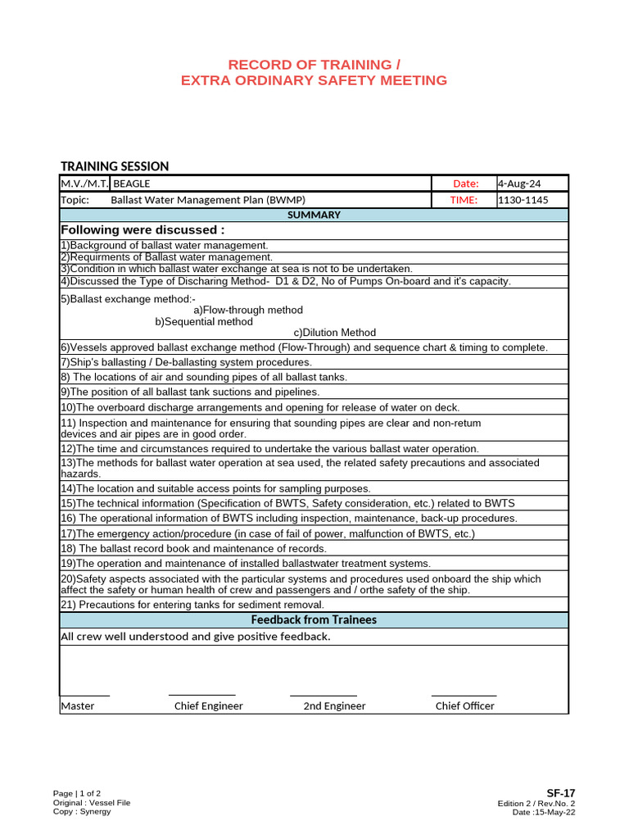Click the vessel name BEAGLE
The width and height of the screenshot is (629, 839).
point(131,184)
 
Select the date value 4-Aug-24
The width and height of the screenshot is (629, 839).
point(519,184)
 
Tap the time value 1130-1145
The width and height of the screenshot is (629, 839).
point(523,200)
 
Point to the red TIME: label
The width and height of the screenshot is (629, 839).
point(464,200)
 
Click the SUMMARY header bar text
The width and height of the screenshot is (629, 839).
point(314,215)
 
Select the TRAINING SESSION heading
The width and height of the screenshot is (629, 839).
point(115,166)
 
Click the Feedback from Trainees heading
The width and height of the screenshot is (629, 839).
point(314,620)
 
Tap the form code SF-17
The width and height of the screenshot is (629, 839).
point(561,792)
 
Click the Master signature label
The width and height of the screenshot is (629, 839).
point(78,705)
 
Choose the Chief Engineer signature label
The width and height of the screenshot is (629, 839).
point(209,705)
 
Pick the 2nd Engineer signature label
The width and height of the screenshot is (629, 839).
point(334,705)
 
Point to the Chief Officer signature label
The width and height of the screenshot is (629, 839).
point(464,705)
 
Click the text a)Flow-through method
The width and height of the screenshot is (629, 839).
point(248,311)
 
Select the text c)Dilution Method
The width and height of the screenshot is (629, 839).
point(335,333)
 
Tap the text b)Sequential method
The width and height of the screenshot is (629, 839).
point(210,322)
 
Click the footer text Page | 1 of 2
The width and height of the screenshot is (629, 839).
point(77,793)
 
